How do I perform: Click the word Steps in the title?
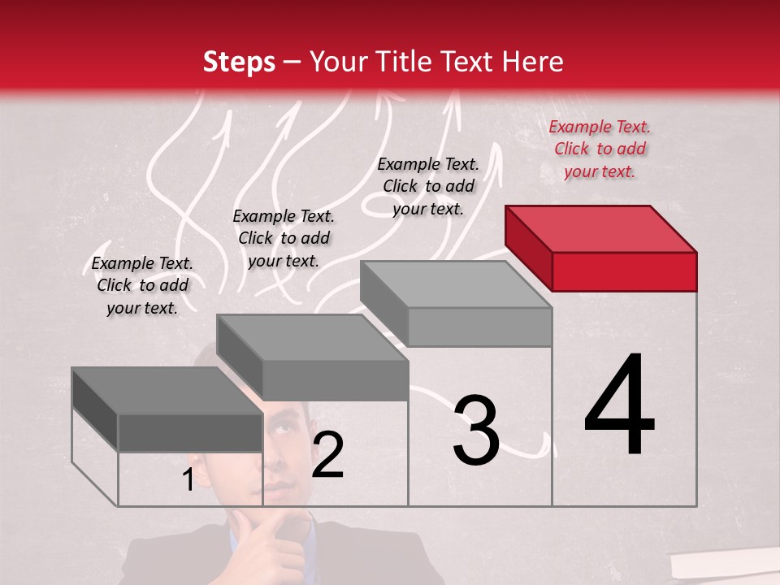239,62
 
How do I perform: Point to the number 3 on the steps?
475,431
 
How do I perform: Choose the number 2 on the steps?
327,455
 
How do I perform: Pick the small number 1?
188,480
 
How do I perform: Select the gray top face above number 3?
456,284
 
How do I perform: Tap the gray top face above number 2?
312,337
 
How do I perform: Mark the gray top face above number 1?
167,391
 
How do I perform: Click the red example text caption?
600,149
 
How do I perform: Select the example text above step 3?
428,186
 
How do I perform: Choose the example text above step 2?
284,238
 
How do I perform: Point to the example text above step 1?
142,285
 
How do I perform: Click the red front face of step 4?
624,271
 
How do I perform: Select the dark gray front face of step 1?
190,432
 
